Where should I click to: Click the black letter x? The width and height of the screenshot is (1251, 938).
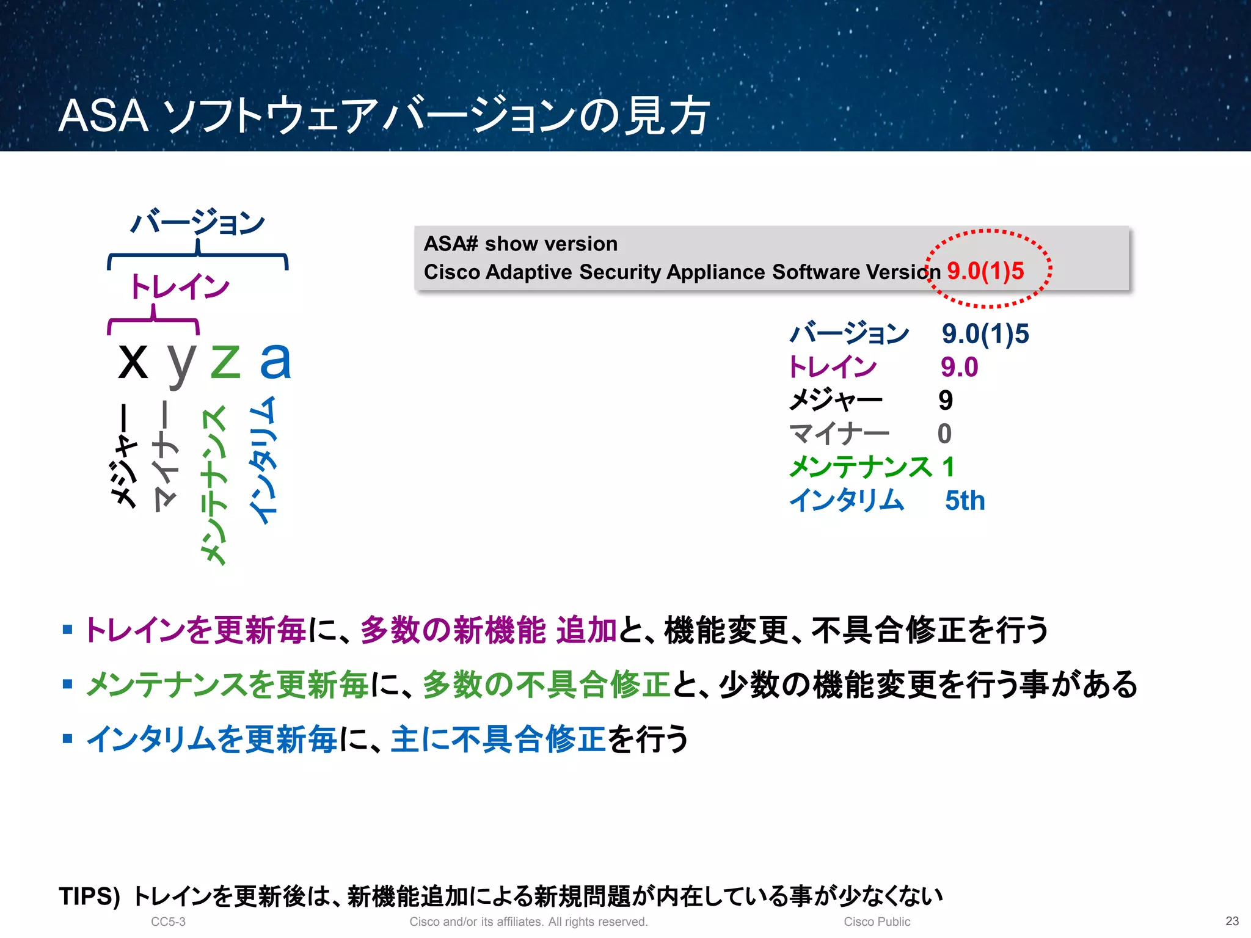tap(133, 362)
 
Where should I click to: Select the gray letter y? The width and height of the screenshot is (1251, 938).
tap(181, 364)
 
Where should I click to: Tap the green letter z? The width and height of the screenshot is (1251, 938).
tap(225, 362)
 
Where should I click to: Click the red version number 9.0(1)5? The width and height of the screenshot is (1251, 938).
tap(985, 271)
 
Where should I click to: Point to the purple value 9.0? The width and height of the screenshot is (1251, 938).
tap(959, 367)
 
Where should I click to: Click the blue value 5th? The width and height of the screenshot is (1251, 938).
tap(965, 501)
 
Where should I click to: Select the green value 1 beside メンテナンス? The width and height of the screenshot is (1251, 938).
tap(948, 467)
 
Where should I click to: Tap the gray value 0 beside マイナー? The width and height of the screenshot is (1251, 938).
tap(944, 434)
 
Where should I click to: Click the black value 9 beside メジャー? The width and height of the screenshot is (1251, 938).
tap(946, 401)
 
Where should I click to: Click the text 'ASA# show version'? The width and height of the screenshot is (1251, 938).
tap(520, 244)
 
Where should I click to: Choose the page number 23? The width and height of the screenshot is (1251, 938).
tap(1232, 921)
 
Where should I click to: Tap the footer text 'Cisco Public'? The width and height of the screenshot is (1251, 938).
tap(877, 922)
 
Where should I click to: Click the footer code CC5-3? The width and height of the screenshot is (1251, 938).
tap(168, 922)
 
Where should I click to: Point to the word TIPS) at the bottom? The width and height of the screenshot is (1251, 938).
tap(89, 896)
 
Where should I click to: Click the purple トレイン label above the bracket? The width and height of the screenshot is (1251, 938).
tap(180, 286)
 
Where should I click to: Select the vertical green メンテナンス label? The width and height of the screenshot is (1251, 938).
tap(214, 485)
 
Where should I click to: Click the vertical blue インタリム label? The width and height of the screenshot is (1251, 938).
tap(263, 461)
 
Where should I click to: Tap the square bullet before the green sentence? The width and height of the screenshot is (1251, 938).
tap(68, 684)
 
